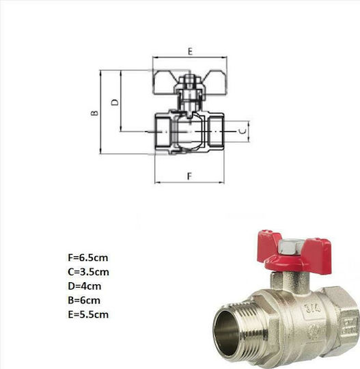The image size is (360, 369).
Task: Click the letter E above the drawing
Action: coord(190,51)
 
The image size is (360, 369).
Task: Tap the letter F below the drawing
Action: coord(190,176)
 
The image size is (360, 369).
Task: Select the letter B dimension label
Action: coord(94,113)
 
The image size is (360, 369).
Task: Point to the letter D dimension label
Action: coord(115,102)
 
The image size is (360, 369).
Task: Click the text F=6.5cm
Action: coord(88,258)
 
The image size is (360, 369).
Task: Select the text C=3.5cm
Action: coord(89,272)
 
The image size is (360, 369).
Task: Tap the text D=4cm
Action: coord(85,286)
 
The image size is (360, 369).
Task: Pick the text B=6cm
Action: coord(84,300)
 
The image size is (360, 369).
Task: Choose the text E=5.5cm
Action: coord(88,314)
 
